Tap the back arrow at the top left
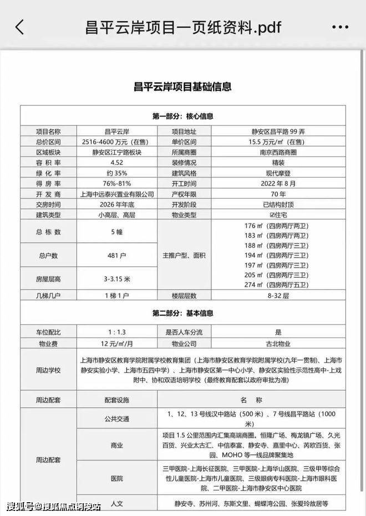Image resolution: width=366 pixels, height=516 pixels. click(x=20, y=27)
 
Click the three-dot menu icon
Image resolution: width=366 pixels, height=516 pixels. click(x=340, y=27)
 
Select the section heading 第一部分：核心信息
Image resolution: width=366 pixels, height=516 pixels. click(x=183, y=117)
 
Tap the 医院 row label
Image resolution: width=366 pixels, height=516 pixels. click(x=117, y=478)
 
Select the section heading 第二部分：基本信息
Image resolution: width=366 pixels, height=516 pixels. click(x=183, y=314)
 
